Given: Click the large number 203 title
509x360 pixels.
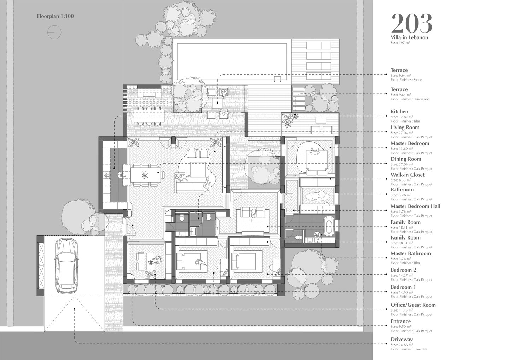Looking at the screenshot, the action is click(x=411, y=23).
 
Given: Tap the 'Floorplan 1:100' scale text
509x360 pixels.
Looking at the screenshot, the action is click(x=55, y=16).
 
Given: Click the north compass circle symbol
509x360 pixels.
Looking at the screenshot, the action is click(x=54, y=32).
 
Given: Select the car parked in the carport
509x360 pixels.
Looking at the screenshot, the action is click(x=67, y=265).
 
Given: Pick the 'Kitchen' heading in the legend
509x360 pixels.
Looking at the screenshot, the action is click(x=399, y=112).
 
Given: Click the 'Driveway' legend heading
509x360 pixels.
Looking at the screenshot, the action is click(x=402, y=339).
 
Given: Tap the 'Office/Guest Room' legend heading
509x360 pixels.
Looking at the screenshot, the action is click(x=413, y=305).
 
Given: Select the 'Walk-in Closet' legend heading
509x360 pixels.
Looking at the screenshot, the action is click(x=408, y=175).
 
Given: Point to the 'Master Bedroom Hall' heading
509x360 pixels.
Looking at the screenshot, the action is click(x=415, y=206).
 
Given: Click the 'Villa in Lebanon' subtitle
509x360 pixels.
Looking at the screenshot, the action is click(x=409, y=37).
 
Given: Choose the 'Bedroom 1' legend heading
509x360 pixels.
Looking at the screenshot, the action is click(x=403, y=287).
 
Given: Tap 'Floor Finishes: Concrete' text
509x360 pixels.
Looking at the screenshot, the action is click(x=409, y=349).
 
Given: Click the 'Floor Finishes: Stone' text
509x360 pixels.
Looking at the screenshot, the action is click(x=406, y=80).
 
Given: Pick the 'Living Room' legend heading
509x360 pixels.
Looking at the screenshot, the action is click(x=405, y=128).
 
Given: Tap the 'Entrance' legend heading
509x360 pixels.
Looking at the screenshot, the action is click(x=400, y=321).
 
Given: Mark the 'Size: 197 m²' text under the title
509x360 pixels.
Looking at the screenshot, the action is click(x=400, y=43).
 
